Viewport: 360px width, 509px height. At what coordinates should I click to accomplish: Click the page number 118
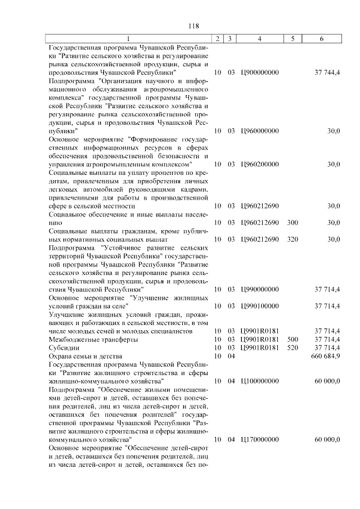(194, 25)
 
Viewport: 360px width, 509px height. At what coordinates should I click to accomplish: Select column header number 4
(259, 39)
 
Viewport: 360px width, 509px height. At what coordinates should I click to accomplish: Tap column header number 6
(321, 39)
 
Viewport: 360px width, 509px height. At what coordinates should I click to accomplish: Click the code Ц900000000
(259, 73)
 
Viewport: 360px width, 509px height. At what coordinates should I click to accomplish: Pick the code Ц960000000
(259, 131)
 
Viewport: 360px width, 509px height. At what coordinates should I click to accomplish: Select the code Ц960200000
(259, 164)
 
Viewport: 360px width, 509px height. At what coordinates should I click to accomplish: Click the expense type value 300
(292, 223)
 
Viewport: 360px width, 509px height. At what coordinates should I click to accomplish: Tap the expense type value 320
(292, 239)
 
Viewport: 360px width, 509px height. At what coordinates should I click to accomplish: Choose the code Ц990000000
(259, 289)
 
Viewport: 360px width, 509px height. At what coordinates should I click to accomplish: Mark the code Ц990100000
(259, 306)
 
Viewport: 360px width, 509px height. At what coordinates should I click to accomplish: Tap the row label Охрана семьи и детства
(84, 356)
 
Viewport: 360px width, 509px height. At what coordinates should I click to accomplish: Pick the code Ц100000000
(259, 381)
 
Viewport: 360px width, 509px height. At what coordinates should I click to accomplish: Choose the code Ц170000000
(259, 439)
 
